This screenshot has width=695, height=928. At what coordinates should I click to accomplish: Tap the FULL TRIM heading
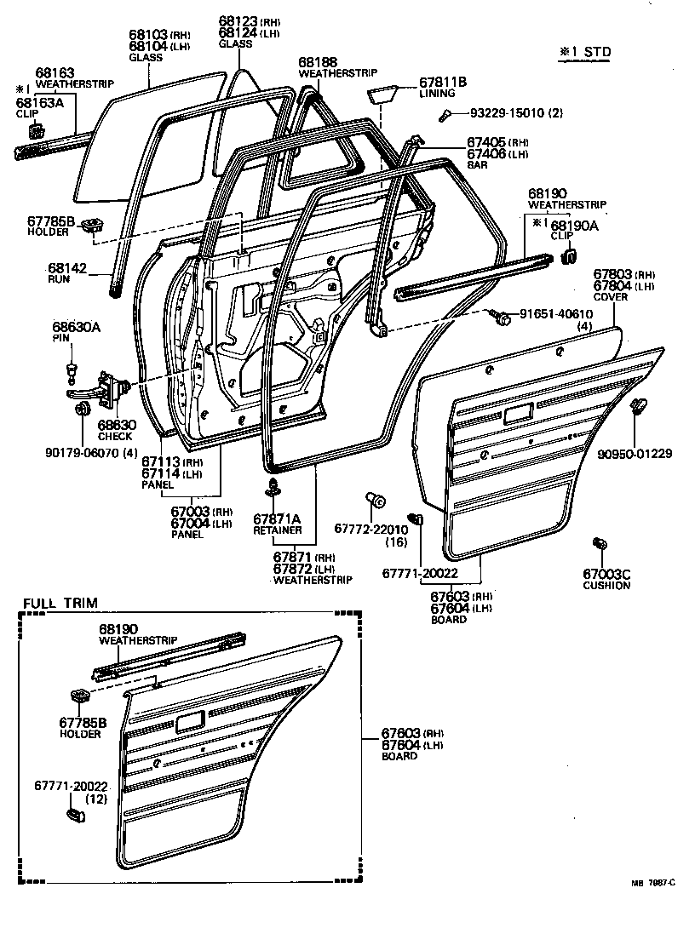pos(60,603)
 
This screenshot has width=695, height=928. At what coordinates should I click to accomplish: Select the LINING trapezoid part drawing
pos(382,93)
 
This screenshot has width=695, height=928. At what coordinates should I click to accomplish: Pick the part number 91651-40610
pos(561,314)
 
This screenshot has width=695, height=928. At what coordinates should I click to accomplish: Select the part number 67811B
pos(443,83)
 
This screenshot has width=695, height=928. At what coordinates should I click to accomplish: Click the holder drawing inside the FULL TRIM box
pos(81,696)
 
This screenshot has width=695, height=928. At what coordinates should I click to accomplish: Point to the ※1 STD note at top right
pos(584,52)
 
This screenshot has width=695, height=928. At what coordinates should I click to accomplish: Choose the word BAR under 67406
pos(478,165)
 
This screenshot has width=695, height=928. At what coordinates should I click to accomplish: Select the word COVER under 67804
pos(612,296)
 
